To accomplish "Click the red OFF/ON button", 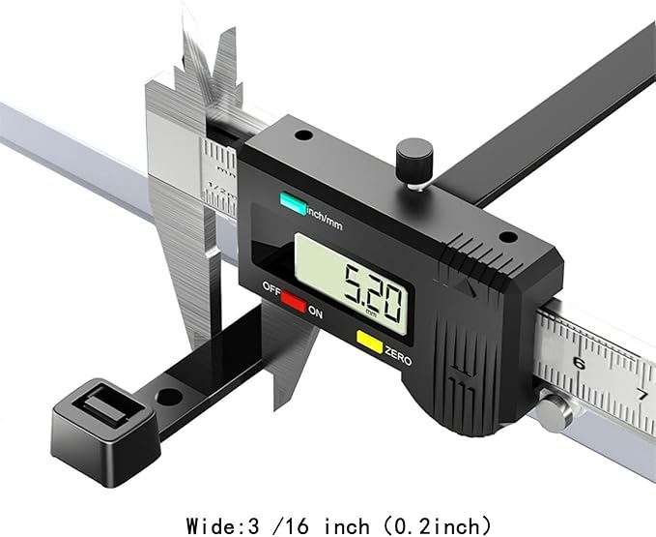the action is (x=294, y=302).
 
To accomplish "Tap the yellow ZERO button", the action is (x=369, y=342).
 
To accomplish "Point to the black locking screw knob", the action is (x=414, y=162).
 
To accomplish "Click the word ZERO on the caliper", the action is (x=398, y=356).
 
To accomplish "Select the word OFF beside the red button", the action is (x=271, y=288).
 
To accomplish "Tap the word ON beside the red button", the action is (x=316, y=313).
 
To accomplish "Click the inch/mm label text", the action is (x=325, y=219).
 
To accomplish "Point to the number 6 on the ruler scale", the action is (x=579, y=363).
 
